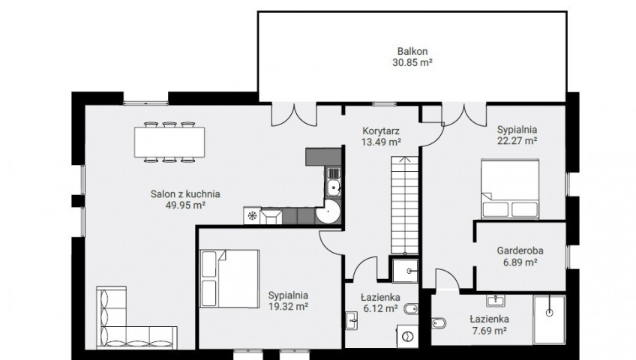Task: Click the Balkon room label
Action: point(412,52)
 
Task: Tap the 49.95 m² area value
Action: point(185,205)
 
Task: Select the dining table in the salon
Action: point(169,142)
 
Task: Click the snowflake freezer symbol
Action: point(252,216)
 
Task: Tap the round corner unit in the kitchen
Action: point(328,211)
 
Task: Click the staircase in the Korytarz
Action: point(404,205)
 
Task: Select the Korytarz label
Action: point(381,131)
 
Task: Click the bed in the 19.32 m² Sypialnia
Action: point(229,278)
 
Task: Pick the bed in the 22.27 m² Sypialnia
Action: point(510,189)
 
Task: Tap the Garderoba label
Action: point(520,250)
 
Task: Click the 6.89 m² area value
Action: point(520,262)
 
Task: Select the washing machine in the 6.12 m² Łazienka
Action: point(407,336)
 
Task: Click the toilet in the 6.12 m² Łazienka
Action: point(411,309)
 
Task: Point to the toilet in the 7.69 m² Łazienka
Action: point(439,323)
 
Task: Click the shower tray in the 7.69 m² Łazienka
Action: point(549,319)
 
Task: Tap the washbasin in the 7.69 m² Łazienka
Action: point(496,301)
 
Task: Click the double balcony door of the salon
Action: point(294,114)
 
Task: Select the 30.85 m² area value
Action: point(412,63)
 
